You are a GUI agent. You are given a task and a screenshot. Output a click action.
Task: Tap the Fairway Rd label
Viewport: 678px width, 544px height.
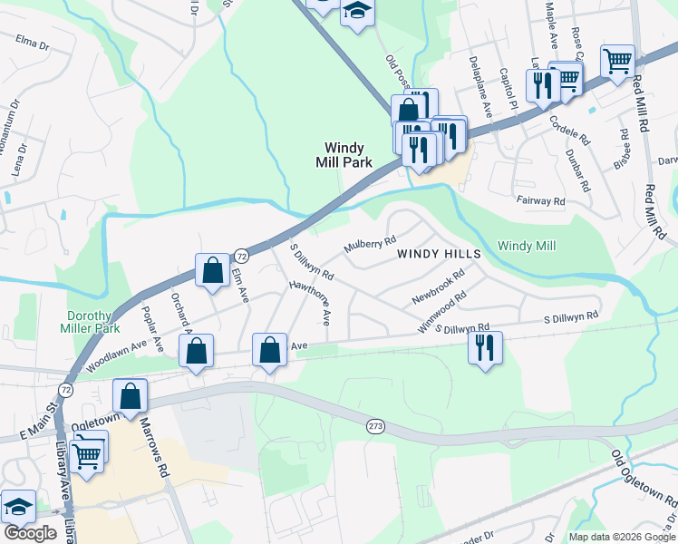[540, 200]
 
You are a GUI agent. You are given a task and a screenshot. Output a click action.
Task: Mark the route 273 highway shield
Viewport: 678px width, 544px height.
[376, 425]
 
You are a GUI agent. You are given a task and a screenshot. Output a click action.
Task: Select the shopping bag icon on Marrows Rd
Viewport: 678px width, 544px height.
[131, 396]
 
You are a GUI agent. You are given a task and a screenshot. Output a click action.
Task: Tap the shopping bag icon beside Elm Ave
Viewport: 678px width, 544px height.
[212, 270]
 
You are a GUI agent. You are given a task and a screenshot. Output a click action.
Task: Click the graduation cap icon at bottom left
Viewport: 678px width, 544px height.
[17, 509]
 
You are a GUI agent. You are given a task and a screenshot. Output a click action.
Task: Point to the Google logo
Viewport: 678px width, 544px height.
[30, 532]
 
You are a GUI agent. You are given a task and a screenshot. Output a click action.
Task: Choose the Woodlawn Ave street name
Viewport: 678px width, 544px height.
[117, 354]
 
